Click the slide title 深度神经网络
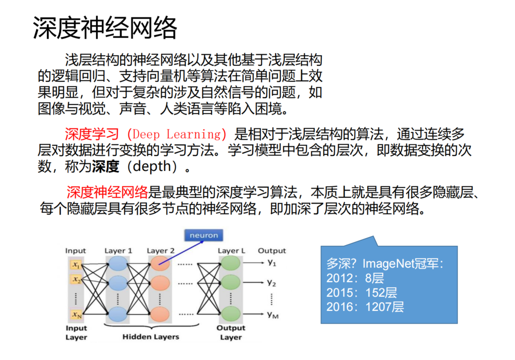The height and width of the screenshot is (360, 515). pyautogui.click(x=105, y=28)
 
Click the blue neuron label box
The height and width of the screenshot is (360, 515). pyautogui.click(x=203, y=235)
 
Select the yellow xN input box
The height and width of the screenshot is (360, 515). pyautogui.click(x=76, y=314)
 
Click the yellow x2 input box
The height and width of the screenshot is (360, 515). pyautogui.click(x=76, y=279)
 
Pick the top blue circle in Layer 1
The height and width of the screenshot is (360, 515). pyautogui.click(x=118, y=264)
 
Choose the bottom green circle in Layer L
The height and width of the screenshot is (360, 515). pyautogui.click(x=230, y=314)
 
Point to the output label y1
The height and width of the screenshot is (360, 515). pyautogui.click(x=272, y=262)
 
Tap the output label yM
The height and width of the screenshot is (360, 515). pyautogui.click(x=273, y=314)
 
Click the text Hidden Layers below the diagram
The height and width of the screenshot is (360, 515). pyautogui.click(x=151, y=337)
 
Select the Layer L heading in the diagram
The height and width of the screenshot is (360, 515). pyautogui.click(x=231, y=251)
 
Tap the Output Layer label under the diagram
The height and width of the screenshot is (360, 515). pyautogui.click(x=231, y=333)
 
